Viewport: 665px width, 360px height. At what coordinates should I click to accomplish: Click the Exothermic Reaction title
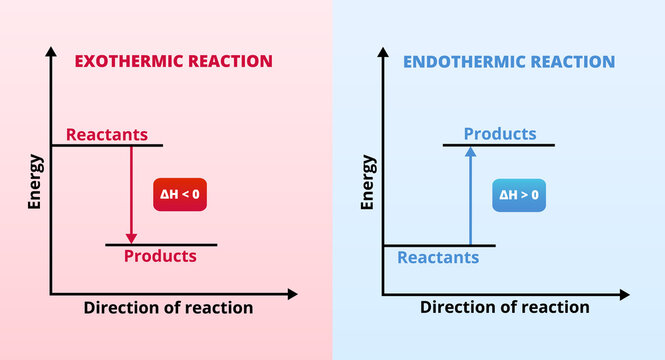pyautogui.click(x=174, y=61)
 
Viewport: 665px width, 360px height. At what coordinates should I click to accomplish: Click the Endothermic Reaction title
pyautogui.click(x=509, y=62)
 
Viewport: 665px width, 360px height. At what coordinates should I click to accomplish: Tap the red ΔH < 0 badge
pyautogui.click(x=180, y=192)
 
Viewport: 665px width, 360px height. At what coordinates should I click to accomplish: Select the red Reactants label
pyautogui.click(x=107, y=134)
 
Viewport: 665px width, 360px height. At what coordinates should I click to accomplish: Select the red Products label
pyautogui.click(x=160, y=256)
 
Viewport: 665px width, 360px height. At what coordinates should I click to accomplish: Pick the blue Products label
pyautogui.click(x=500, y=134)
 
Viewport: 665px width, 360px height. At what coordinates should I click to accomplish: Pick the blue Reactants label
pyautogui.click(x=438, y=257)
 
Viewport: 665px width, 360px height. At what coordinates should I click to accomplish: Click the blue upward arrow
pyautogui.click(x=469, y=195)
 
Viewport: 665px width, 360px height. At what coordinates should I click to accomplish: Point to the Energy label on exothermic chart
pyautogui.click(x=36, y=181)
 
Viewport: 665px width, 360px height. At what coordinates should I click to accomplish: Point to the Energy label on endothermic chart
pyautogui.click(x=368, y=181)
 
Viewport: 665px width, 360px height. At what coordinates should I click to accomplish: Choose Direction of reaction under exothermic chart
pyautogui.click(x=168, y=307)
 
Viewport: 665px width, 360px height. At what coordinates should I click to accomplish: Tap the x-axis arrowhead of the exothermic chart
pyautogui.click(x=291, y=294)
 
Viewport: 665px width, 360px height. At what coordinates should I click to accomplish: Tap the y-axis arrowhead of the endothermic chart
pyautogui.click(x=382, y=49)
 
